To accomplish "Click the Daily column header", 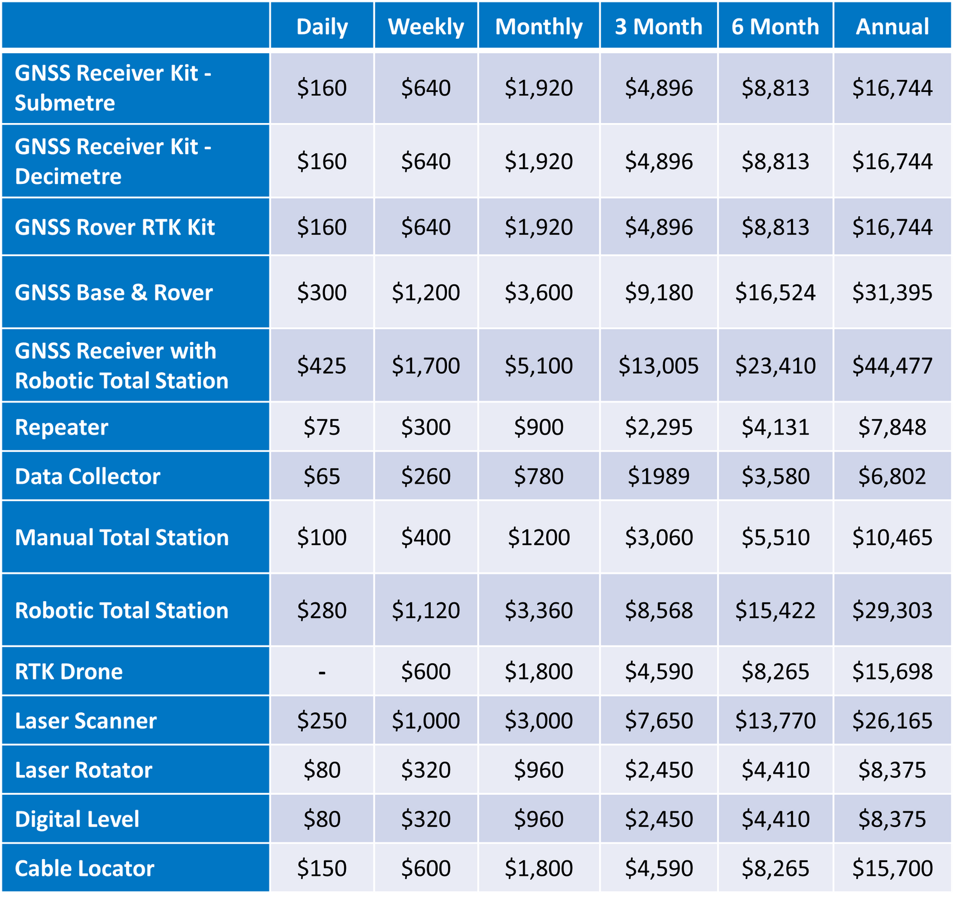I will [x=322, y=27].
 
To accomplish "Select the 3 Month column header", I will [x=658, y=27].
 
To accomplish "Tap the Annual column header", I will [x=892, y=27].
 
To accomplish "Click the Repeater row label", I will [x=62, y=428].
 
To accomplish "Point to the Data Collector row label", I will [x=87, y=476].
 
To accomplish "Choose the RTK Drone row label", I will [x=69, y=672].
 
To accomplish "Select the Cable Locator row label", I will [x=84, y=868].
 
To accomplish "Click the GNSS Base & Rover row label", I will [x=114, y=293].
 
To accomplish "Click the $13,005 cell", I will [x=658, y=365].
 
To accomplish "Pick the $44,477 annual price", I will [x=892, y=365].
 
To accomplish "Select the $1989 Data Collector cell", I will [x=658, y=476].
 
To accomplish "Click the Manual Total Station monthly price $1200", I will [x=539, y=537].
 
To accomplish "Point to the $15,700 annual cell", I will [x=892, y=868].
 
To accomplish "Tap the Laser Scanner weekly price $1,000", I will [x=425, y=721].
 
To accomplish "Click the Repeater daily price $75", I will [x=322, y=428].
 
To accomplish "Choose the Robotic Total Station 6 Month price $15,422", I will [x=775, y=610].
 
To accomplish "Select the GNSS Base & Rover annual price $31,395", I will [x=892, y=293].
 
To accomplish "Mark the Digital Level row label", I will [x=77, y=819].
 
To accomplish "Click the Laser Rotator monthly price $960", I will [x=539, y=770].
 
